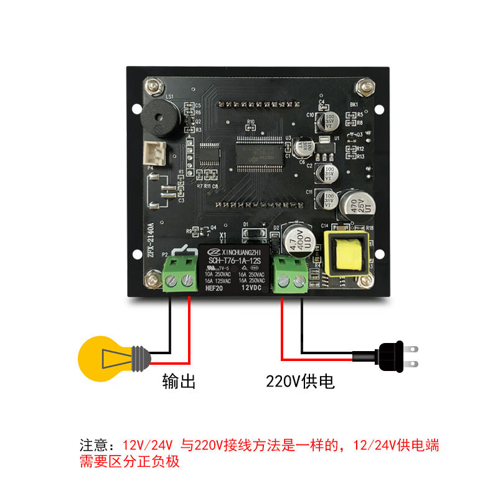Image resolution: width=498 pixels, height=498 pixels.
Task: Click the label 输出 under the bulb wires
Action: click(x=179, y=381)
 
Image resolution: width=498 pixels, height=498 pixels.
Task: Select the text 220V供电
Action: click(x=300, y=381)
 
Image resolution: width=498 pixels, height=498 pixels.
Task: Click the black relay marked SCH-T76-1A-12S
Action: click(x=235, y=268)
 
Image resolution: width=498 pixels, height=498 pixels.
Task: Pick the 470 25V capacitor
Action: click(x=352, y=204)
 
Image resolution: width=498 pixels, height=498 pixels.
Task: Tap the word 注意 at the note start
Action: click(x=93, y=446)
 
